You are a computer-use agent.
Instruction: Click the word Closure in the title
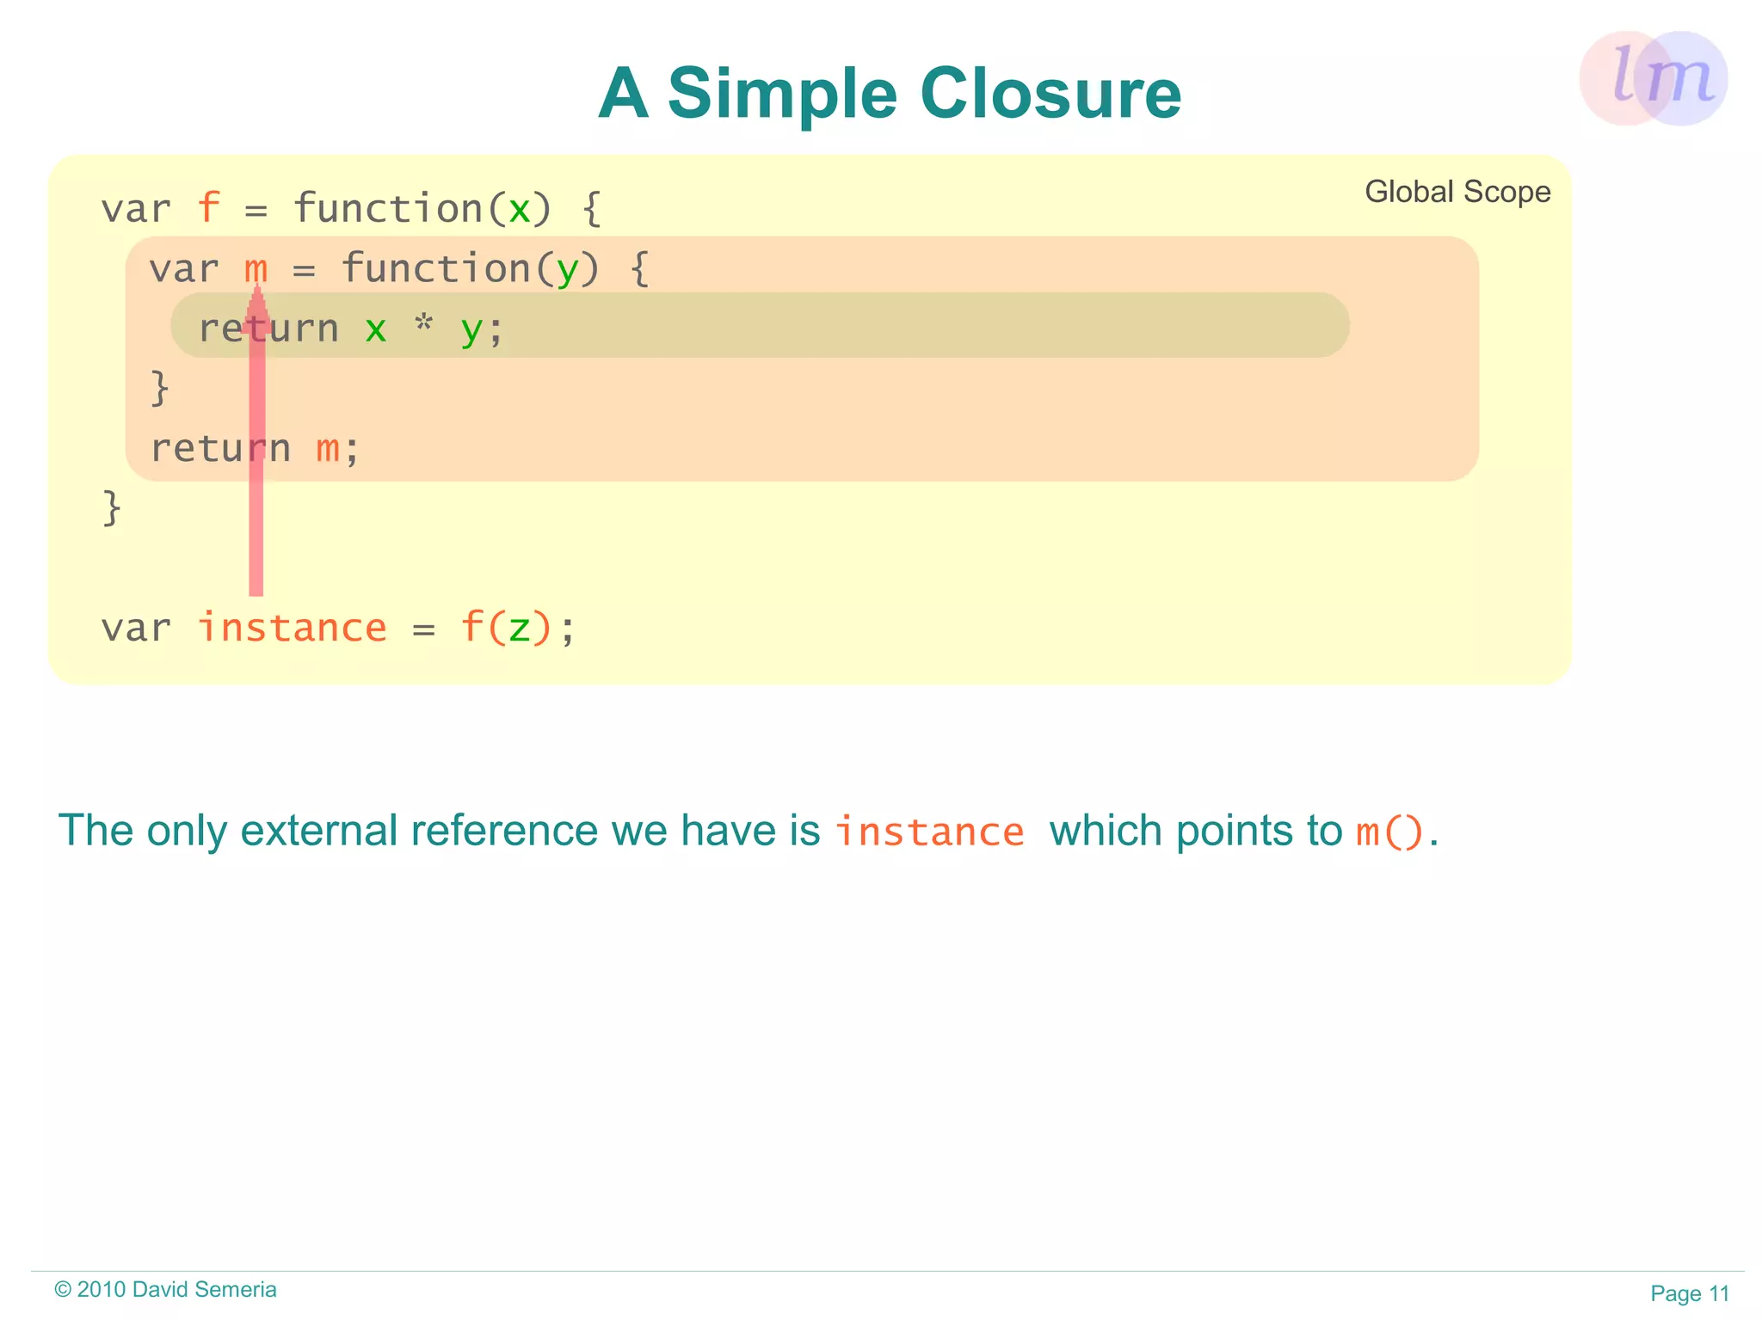(1050, 93)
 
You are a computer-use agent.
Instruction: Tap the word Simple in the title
(782, 95)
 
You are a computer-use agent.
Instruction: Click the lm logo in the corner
(1654, 78)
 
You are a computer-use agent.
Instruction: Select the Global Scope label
(1457, 192)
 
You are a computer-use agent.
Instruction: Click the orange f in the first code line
(208, 209)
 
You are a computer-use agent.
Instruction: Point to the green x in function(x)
(519, 209)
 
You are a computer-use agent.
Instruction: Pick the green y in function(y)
(566, 270)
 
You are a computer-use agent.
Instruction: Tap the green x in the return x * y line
(375, 329)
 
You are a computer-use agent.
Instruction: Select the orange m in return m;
(327, 449)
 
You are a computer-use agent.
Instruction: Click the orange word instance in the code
(292, 628)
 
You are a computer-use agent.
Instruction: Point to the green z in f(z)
(519, 629)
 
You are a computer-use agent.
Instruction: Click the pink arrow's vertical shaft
(256, 482)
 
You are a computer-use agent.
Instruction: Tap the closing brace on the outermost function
(112, 507)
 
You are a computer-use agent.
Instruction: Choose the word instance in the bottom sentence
(929, 832)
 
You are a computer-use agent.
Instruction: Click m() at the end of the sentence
(1389, 832)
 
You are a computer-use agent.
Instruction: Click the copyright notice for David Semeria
(165, 1289)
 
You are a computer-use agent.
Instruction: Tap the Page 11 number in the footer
(1689, 1293)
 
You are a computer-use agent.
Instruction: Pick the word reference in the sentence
(504, 831)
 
